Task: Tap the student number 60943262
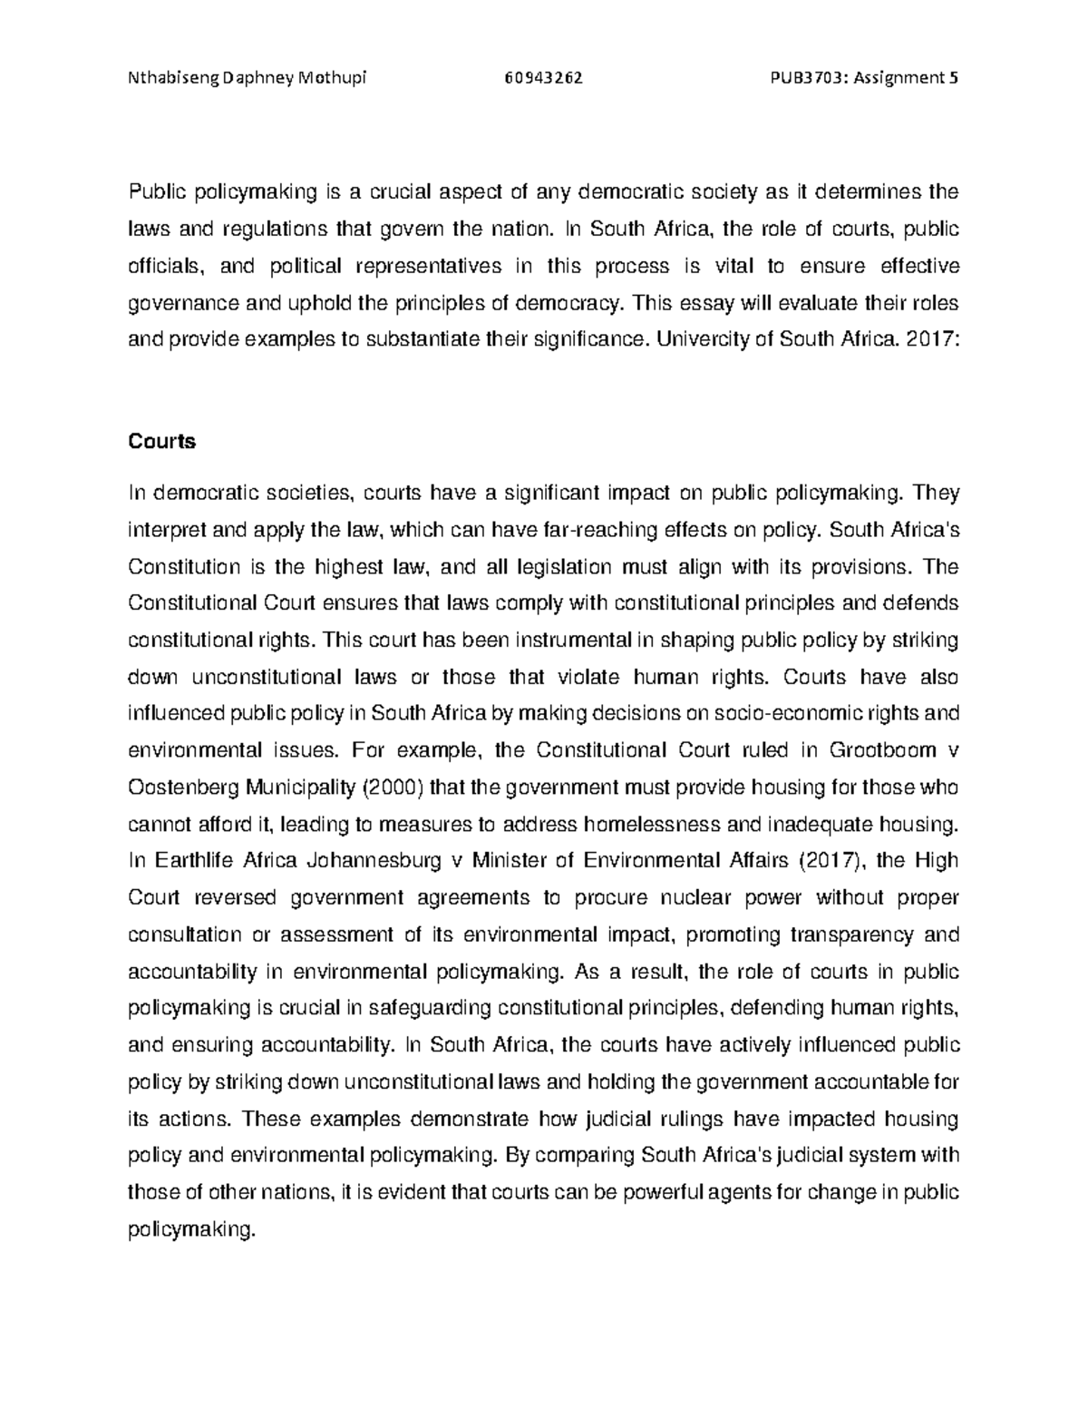[x=543, y=77]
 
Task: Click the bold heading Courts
[x=161, y=442]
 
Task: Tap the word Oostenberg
[x=182, y=788]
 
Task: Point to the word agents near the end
[x=731, y=1192]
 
